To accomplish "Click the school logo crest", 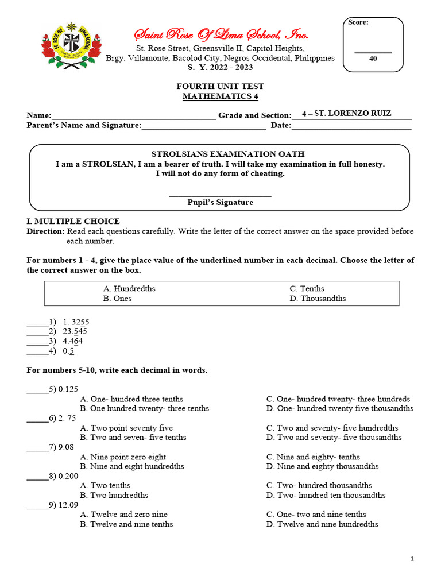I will [71, 46].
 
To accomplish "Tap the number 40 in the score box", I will [373, 58].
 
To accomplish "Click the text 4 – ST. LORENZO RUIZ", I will [346, 113].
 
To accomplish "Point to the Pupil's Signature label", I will [220, 202].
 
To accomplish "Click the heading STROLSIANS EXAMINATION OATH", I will [220, 154].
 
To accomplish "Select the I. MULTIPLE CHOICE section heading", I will [73, 221].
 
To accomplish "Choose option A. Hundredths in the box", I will [129, 289].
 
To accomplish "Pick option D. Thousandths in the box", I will [318, 299].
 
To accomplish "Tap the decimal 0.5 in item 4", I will [69, 351].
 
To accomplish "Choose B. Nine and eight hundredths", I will [132, 466].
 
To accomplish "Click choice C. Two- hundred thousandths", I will [319, 485].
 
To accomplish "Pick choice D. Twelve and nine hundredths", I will [322, 524].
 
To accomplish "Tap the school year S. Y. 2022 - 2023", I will [220, 67].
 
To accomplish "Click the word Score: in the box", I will [358, 22].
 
